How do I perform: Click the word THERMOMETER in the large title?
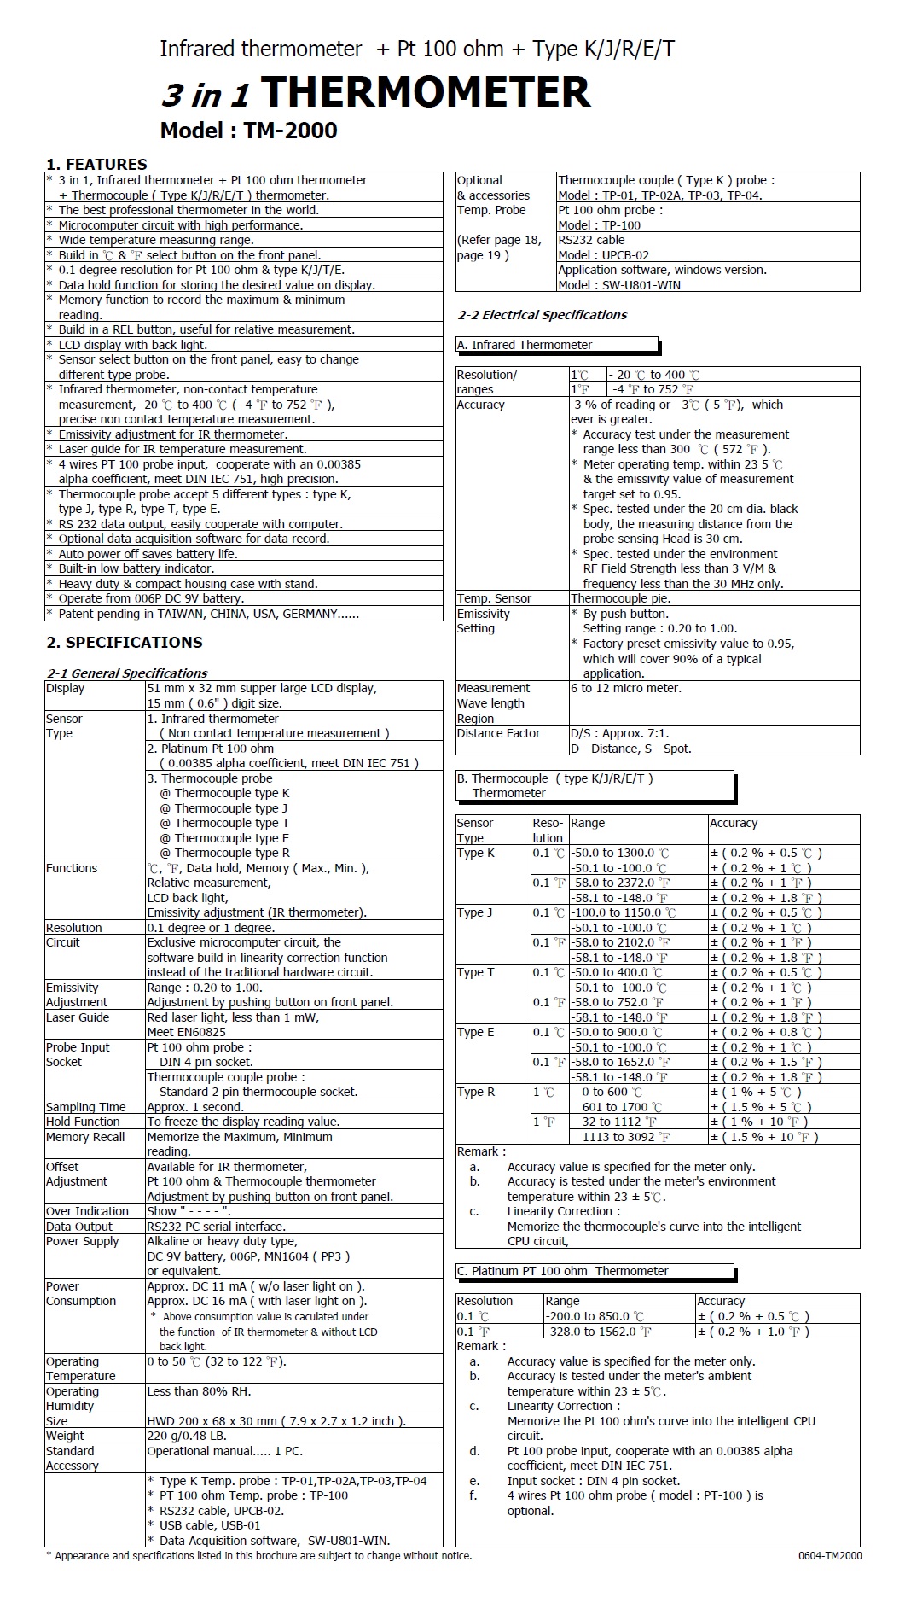pyautogui.click(x=425, y=92)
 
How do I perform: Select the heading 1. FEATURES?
pyautogui.click(x=96, y=164)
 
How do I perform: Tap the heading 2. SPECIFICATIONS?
pyautogui.click(x=125, y=642)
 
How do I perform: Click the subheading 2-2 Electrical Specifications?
pyautogui.click(x=542, y=315)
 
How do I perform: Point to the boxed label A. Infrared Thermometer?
pyautogui.click(x=525, y=345)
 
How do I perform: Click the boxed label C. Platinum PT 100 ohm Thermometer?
pyautogui.click(x=563, y=1271)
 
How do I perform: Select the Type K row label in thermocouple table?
pyautogui.click(x=476, y=853)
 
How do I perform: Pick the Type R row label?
pyautogui.click(x=476, y=1092)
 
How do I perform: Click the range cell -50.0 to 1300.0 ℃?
pyautogui.click(x=620, y=853)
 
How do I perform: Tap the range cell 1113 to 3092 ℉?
pyautogui.click(x=626, y=1137)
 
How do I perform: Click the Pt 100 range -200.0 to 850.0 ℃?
pyautogui.click(x=595, y=1316)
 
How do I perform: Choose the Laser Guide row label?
pyautogui.click(x=78, y=1017)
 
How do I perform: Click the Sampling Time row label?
pyautogui.click(x=85, y=1107)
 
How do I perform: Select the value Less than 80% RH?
pyautogui.click(x=199, y=1391)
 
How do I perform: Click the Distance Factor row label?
pyautogui.click(x=498, y=733)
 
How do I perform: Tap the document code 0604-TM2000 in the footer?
pyautogui.click(x=829, y=1555)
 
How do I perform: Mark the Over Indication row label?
pyautogui.click(x=87, y=1211)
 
